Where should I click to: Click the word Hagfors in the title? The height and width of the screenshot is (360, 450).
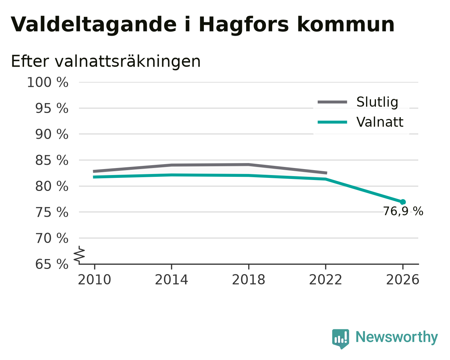244,25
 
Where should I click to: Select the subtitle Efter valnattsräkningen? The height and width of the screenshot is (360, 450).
106,61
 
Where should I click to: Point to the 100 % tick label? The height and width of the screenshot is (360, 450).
48,82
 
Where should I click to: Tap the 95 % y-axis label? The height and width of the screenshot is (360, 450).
51,108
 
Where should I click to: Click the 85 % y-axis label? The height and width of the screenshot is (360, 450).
51,160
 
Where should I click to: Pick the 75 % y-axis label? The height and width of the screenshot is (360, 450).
51,212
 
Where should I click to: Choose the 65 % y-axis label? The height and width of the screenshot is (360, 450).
51,264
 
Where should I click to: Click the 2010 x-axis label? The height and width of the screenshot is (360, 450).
94,280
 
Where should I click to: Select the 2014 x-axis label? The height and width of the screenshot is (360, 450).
171,280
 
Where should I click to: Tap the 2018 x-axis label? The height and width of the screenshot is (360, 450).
249,280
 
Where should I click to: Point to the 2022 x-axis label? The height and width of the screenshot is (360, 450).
326,280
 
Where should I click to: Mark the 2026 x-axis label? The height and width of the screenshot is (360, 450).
403,280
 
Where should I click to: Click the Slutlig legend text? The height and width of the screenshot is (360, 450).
377,103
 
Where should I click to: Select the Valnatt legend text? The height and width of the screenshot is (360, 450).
380,122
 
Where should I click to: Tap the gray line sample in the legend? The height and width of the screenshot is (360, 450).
333,102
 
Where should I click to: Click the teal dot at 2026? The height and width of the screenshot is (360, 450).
403,202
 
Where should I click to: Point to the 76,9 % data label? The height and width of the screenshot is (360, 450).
403,211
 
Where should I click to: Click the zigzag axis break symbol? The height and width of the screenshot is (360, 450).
79,255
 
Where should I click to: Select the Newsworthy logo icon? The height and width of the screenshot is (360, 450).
341,339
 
